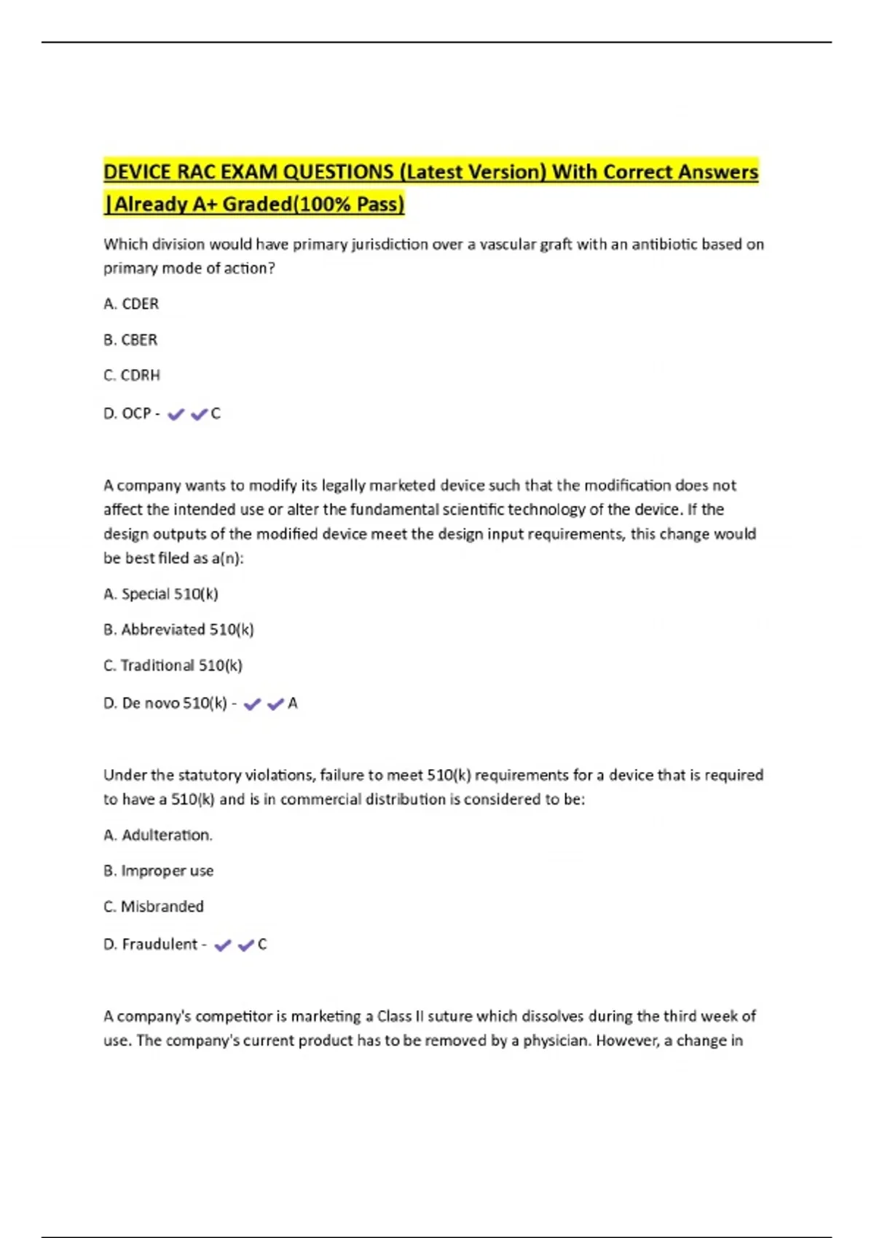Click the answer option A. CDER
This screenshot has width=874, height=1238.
[131, 304]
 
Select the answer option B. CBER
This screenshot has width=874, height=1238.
[130, 339]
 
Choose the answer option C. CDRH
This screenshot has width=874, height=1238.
[132, 375]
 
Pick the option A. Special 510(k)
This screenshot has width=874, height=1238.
[161, 594]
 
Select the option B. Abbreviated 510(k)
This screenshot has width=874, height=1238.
[178, 629]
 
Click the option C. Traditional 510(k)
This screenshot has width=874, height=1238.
[173, 665]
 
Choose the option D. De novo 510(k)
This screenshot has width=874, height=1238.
[165, 703]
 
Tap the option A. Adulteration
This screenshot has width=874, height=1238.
[158, 835]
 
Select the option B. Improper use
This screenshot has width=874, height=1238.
[159, 870]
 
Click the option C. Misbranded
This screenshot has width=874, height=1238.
[154, 906]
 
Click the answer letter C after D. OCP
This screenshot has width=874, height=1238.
[216, 414]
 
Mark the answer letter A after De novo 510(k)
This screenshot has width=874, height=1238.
[293, 703]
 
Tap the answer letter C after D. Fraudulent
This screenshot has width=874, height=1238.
[262, 945]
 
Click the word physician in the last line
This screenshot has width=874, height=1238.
[554, 1040]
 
